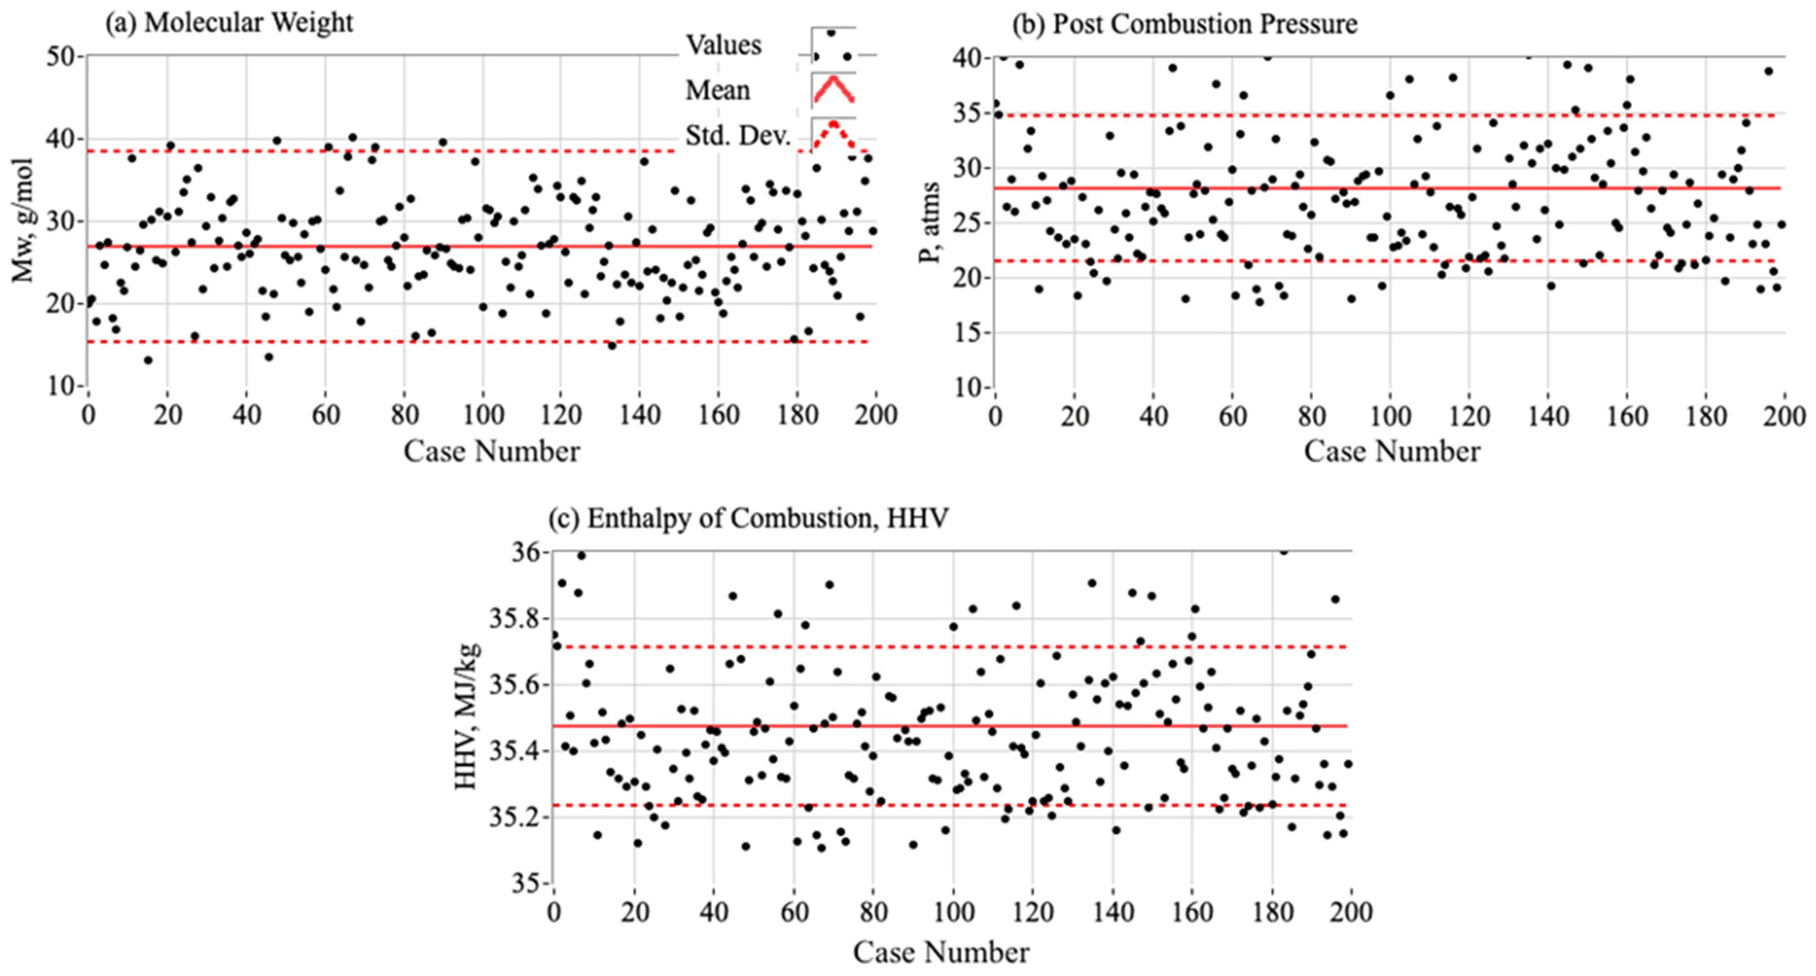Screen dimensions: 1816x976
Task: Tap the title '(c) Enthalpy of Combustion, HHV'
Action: pyautogui.click(x=749, y=518)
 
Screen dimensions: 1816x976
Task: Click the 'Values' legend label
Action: pyautogui.click(x=724, y=45)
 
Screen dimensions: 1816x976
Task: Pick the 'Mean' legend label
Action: pyautogui.click(x=718, y=90)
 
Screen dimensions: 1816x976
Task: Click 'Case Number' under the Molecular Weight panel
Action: pyautogui.click(x=491, y=451)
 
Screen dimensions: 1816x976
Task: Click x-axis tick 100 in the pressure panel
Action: pyautogui.click(x=1390, y=416)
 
